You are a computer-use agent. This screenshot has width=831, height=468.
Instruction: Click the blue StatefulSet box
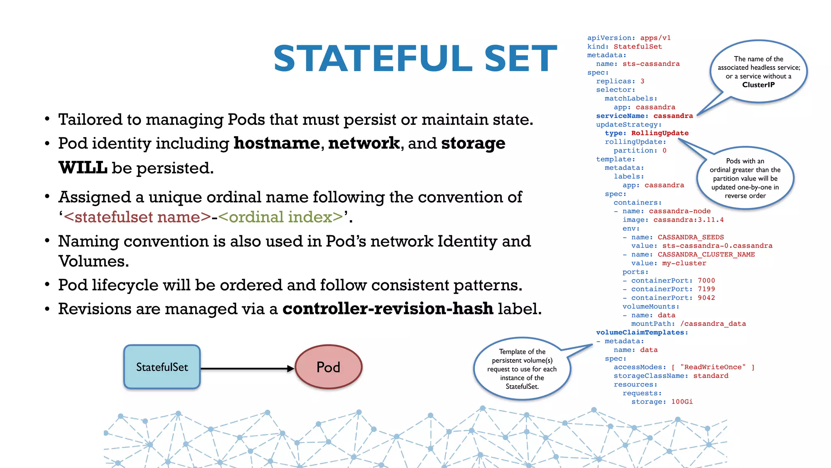(162, 367)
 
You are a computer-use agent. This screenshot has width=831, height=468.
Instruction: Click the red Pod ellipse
(328, 367)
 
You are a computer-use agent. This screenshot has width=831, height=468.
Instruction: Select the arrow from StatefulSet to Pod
(247, 368)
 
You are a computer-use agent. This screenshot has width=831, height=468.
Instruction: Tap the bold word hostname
(277, 143)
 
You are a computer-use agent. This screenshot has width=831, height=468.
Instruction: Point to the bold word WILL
(83, 168)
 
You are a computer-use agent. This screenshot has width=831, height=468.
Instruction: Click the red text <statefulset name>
(138, 217)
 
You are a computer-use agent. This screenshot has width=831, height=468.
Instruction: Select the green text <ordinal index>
(281, 217)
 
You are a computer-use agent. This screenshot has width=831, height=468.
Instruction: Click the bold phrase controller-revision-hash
(388, 309)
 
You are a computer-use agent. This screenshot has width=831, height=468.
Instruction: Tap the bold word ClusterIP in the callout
(758, 85)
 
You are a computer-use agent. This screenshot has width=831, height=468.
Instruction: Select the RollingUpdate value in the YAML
(660, 133)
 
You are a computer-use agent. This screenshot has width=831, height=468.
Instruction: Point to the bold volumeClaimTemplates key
(642, 332)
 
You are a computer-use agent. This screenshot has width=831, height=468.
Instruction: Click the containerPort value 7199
(706, 289)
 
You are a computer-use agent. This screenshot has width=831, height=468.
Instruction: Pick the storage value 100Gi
(682, 402)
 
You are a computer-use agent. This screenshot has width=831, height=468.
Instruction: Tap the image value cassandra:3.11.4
(688, 220)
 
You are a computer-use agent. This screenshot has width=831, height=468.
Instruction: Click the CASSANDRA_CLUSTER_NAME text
(706, 254)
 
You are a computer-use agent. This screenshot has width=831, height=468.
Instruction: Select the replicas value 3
(642, 81)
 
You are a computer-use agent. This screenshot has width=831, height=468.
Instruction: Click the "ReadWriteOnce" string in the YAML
(713, 367)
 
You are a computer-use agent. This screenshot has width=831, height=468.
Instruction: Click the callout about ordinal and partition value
(745, 178)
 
